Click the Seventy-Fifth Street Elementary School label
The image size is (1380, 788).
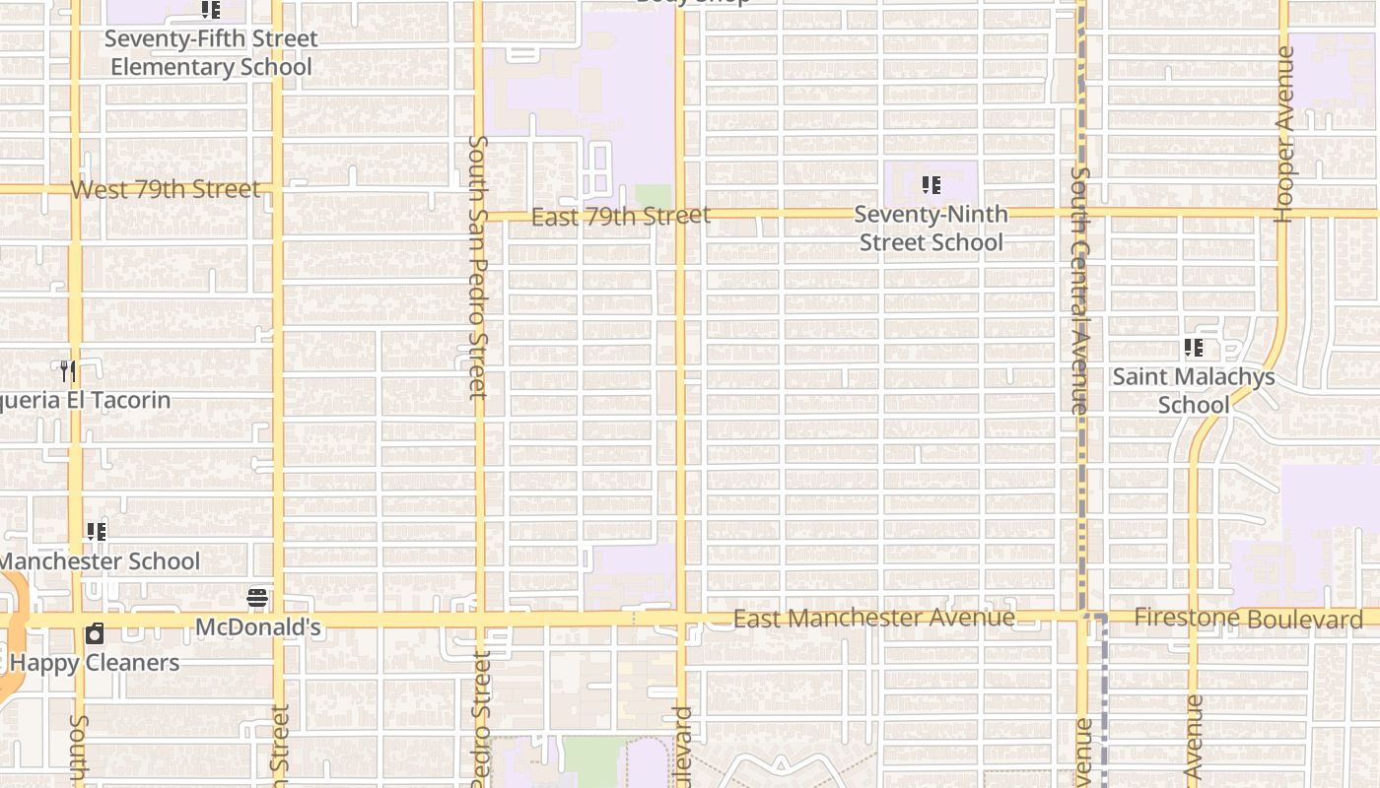coord(211,53)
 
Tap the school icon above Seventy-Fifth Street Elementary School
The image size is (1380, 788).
coord(210,10)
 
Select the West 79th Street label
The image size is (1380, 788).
coord(166,189)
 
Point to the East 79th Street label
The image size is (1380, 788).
coord(620,216)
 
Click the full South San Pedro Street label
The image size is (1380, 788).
coord(478,266)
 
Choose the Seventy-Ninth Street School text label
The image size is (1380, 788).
coord(931,229)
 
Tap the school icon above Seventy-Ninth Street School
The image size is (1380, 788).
coord(931,185)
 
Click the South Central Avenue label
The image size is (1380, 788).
coord(1080,290)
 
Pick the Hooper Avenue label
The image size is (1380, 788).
coord(1284,135)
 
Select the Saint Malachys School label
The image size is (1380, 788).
coord(1194,390)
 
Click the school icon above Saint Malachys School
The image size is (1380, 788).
coord(1194,348)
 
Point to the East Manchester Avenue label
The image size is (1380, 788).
coord(874,618)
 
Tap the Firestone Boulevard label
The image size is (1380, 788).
coord(1248,619)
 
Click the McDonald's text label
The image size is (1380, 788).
coord(258,627)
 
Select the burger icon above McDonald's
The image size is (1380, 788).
coord(257,597)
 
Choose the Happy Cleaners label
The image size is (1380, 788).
coord(95,662)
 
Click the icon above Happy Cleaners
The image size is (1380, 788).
coord(95,633)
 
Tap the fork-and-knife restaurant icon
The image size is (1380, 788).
coord(68,371)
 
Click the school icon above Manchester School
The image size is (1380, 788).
coord(97,532)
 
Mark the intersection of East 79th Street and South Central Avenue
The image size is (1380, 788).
coord(1081,213)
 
